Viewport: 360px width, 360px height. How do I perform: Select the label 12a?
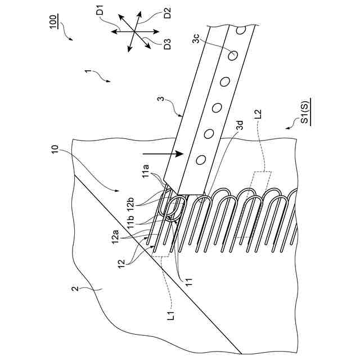[115, 238]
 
